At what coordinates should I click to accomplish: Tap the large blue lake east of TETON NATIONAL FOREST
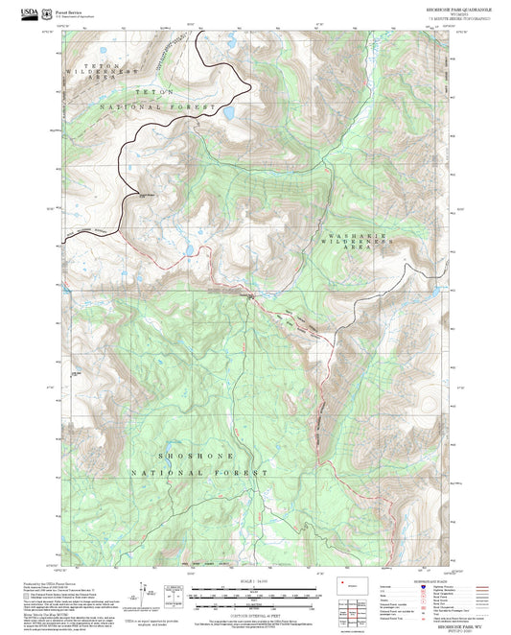coord(230,114)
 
